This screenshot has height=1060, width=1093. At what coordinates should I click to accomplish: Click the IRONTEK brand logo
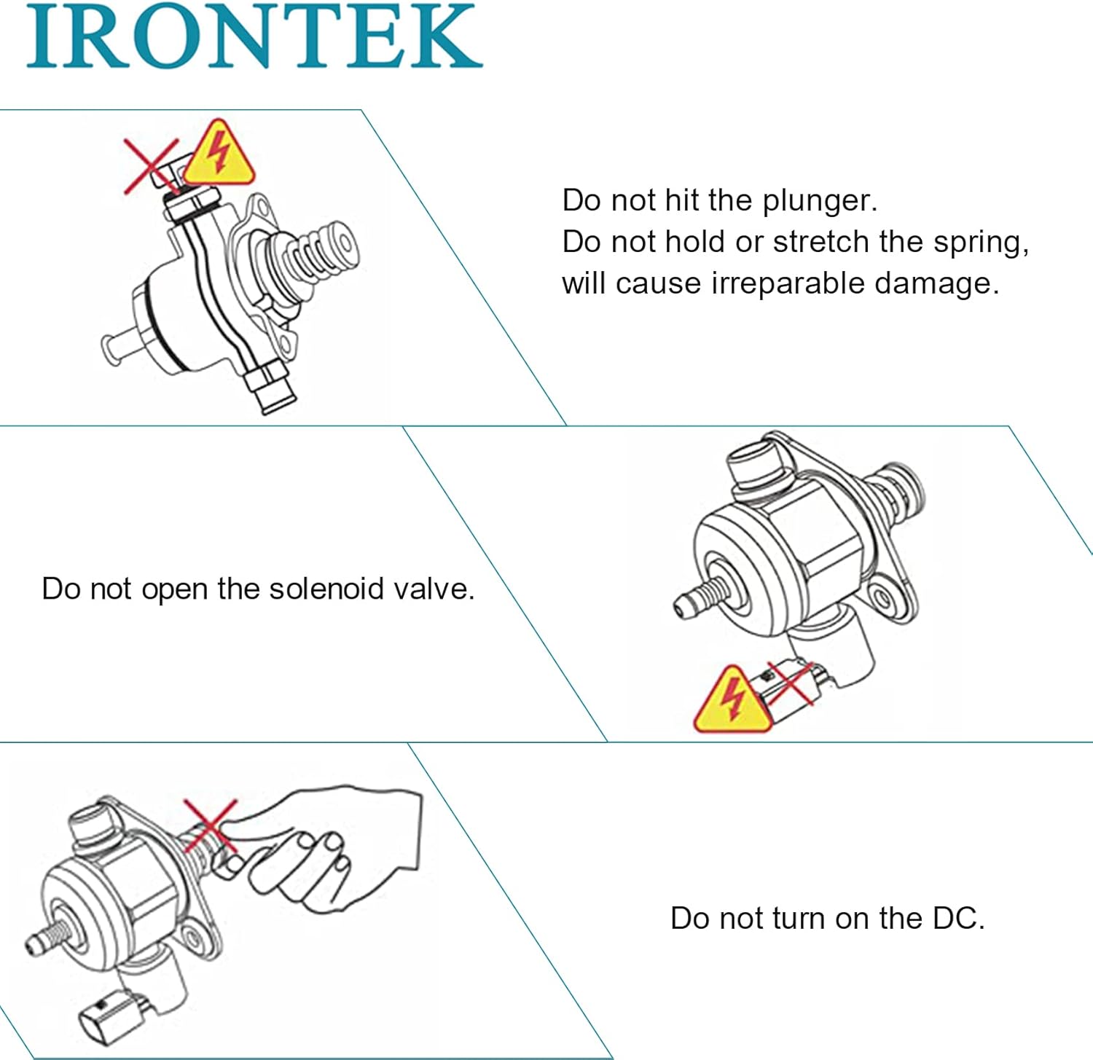254,36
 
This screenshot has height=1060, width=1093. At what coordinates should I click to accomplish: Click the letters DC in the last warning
957,918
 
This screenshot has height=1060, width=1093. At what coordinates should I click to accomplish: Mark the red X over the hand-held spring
211,825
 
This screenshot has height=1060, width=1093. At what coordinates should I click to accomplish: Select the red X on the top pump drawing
151,166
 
